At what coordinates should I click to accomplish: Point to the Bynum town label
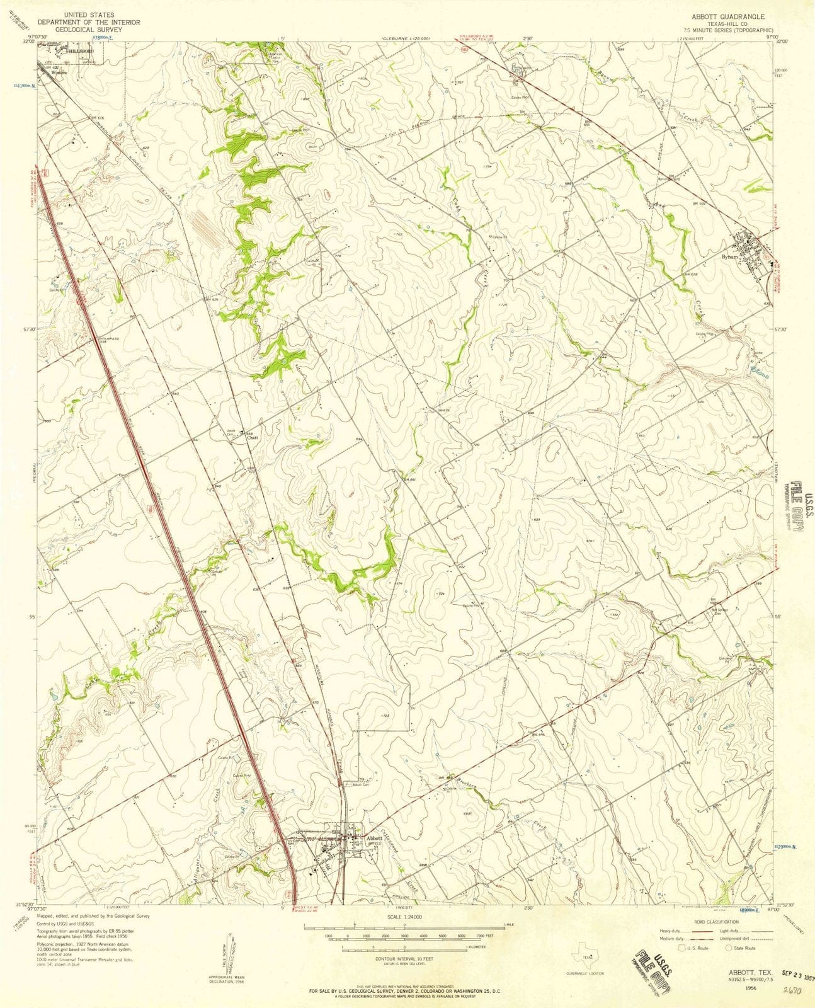pos(729,257)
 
